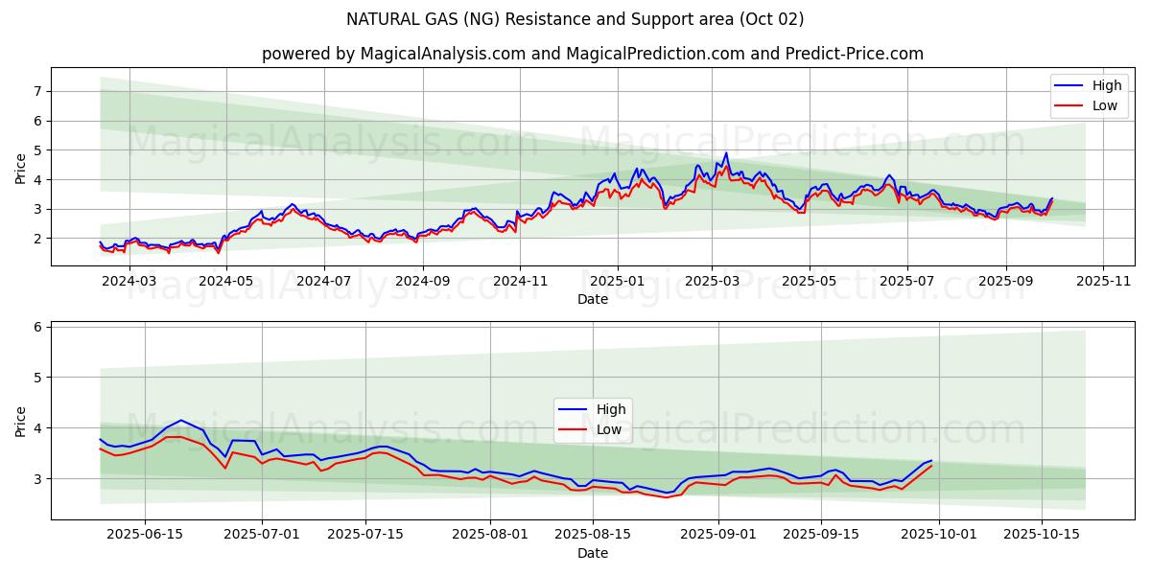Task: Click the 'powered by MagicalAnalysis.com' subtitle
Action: coord(592,54)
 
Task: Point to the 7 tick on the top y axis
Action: coord(38,91)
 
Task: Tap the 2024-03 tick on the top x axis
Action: coord(129,281)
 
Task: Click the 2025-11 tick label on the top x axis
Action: coord(1103,281)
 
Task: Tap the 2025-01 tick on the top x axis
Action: coord(617,281)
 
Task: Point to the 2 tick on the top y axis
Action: coord(38,239)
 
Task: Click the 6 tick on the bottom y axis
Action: coord(38,327)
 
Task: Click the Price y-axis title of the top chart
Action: coord(21,168)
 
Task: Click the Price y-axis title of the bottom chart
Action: coord(21,421)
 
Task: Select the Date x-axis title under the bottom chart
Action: coord(592,553)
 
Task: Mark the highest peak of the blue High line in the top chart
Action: coord(726,153)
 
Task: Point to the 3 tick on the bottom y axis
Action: coord(38,478)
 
